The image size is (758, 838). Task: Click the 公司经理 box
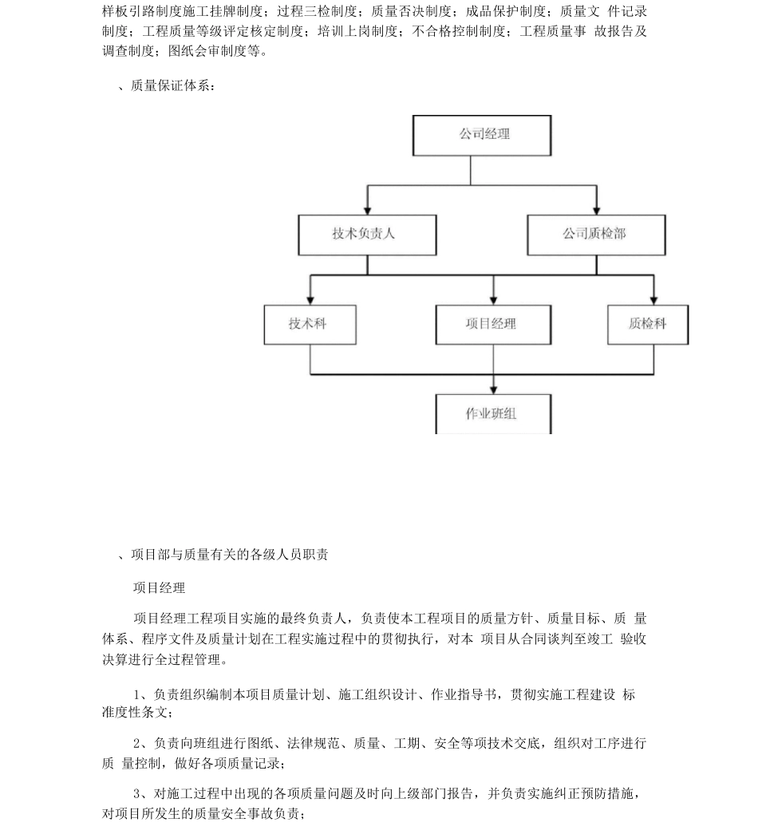(481, 135)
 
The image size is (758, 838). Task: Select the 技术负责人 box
(368, 235)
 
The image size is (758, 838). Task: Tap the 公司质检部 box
(596, 235)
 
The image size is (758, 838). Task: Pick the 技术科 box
(310, 324)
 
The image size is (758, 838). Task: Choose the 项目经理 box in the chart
(492, 324)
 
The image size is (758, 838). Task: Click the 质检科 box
(647, 324)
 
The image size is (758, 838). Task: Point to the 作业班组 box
(492, 413)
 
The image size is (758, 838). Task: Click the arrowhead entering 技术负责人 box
(368, 210)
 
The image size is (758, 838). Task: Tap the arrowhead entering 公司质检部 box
(596, 210)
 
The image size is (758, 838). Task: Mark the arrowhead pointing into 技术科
(310, 300)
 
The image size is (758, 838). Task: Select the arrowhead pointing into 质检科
(653, 300)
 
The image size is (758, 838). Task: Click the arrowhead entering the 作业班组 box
(493, 389)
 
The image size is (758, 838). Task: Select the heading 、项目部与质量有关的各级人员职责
(223, 555)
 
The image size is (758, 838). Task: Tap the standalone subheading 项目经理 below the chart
(159, 588)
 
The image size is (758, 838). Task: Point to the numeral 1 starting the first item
(137, 695)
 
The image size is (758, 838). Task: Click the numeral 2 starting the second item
(137, 744)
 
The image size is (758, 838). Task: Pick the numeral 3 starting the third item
(137, 793)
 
